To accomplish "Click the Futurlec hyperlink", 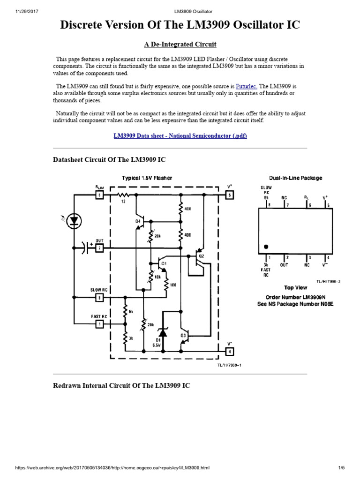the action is [x=246, y=87].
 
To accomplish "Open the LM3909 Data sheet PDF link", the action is [x=180, y=136].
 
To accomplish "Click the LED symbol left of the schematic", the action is [x=74, y=219].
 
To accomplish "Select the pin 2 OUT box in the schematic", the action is [x=99, y=248].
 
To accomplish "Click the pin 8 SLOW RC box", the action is [x=99, y=297].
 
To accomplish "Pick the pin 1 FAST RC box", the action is [x=99, y=323].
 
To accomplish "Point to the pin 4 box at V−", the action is [x=229, y=351].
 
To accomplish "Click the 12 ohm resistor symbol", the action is [x=123, y=194].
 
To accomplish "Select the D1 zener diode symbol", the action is [x=163, y=333].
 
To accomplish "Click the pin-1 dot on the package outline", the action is [x=266, y=246].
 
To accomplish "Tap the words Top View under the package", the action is [x=295, y=287].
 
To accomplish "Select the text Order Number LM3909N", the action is [x=295, y=297].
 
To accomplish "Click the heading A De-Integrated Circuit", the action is [x=180, y=45].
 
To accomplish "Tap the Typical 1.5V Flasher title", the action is [x=147, y=178].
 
